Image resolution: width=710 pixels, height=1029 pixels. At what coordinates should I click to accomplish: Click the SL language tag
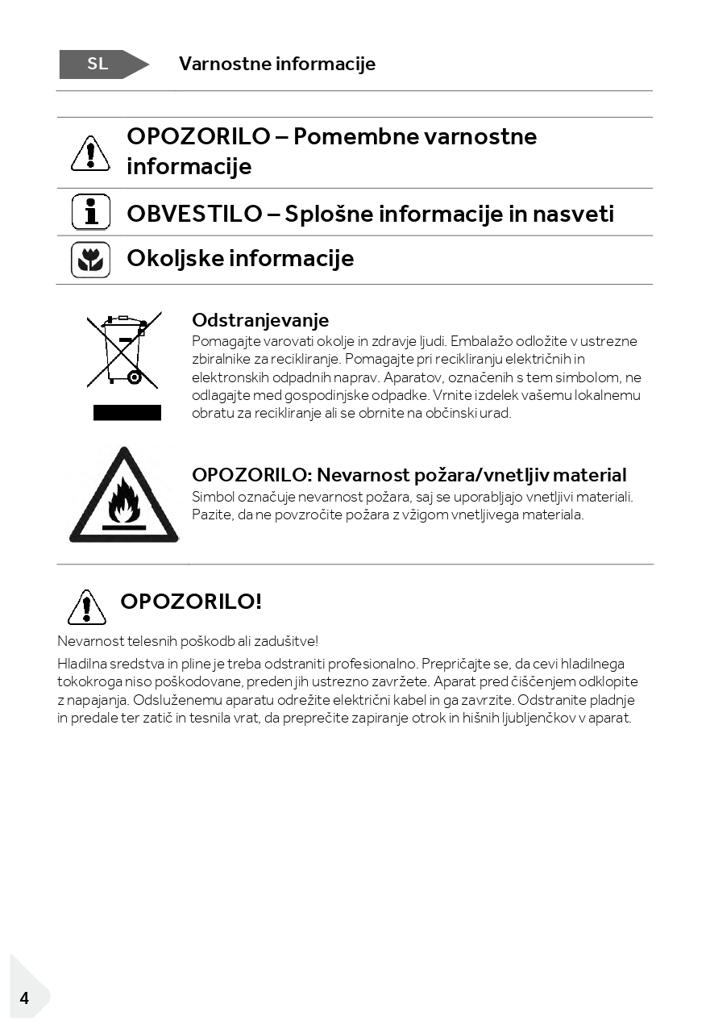(x=98, y=65)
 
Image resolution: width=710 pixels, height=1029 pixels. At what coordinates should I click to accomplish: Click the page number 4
(x=24, y=998)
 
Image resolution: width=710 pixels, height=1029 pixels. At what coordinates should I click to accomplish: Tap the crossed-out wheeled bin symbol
(x=124, y=350)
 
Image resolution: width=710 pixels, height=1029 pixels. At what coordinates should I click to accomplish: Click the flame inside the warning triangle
(x=124, y=502)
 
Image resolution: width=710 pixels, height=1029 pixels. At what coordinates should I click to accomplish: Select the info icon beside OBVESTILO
(x=91, y=213)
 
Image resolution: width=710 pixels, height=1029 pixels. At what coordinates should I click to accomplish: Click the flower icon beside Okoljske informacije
(x=91, y=260)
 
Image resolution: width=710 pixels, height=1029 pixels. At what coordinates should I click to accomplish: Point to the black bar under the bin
(x=127, y=413)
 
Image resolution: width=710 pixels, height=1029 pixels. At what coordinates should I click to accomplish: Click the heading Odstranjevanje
(x=260, y=320)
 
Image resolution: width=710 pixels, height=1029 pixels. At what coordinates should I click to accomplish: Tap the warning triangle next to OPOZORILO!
(x=87, y=607)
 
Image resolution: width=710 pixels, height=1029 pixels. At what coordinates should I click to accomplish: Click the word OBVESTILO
(x=194, y=214)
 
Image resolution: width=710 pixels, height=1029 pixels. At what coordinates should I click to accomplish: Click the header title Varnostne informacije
(x=277, y=64)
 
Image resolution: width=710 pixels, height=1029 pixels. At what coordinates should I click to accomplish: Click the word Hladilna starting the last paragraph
(x=82, y=664)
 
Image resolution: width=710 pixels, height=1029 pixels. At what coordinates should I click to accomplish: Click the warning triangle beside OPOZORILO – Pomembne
(x=90, y=153)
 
